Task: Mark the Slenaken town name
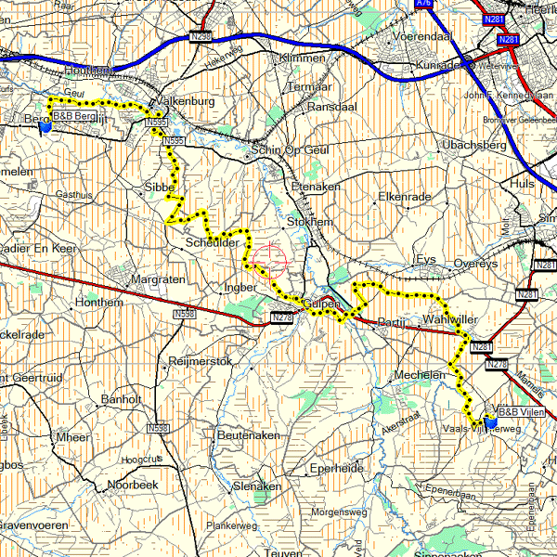(257, 486)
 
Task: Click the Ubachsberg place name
(473, 146)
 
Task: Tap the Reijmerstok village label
(200, 360)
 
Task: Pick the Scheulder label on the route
(214, 242)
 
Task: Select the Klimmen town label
(302, 58)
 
